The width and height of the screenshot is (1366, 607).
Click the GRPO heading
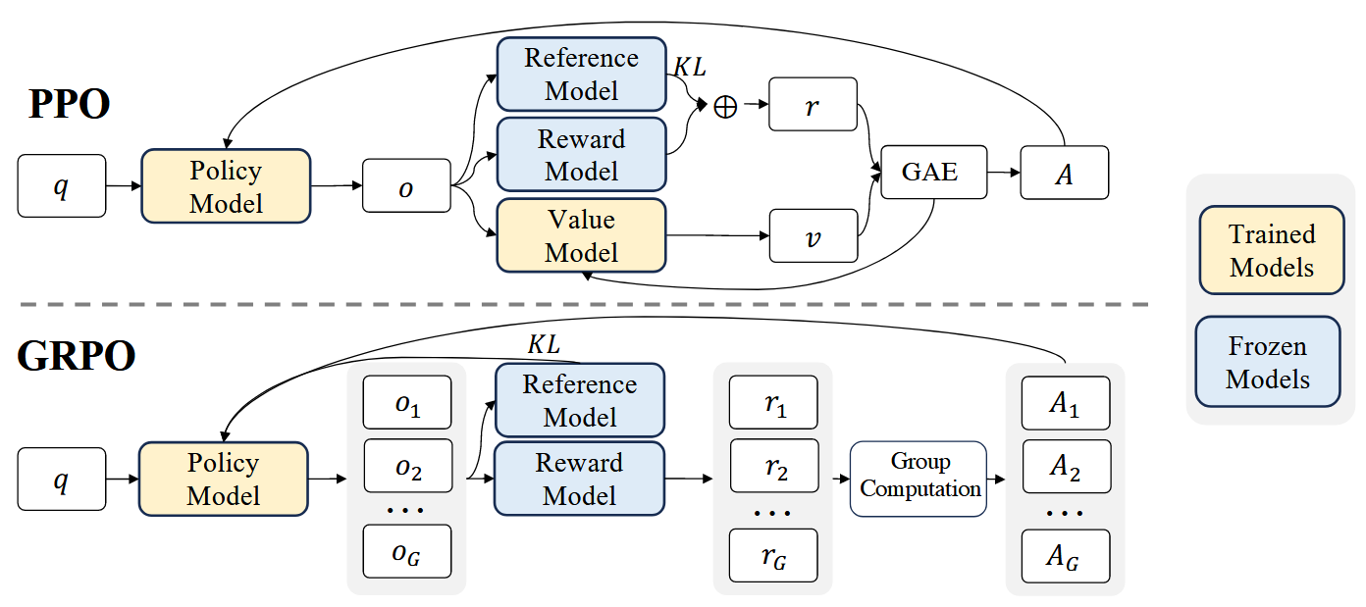click(76, 357)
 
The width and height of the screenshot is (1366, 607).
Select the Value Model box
click(582, 236)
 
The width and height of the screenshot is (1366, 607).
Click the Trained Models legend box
click(1272, 250)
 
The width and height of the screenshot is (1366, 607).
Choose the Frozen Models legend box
click(1268, 362)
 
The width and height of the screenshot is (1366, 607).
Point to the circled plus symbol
click(724, 107)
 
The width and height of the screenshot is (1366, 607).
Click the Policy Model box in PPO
click(227, 186)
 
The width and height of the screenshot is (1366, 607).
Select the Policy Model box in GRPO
click(225, 479)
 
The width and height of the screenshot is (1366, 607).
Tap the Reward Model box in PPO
click(582, 155)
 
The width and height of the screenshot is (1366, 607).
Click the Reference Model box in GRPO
click(580, 400)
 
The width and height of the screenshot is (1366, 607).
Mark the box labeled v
click(813, 235)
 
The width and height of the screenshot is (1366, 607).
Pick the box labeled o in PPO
click(406, 186)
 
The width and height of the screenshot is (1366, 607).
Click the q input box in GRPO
click(61, 480)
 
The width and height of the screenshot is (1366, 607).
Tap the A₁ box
click(1065, 405)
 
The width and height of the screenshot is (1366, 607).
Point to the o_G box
click(407, 551)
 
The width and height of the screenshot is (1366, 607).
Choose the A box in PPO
click(1065, 173)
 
